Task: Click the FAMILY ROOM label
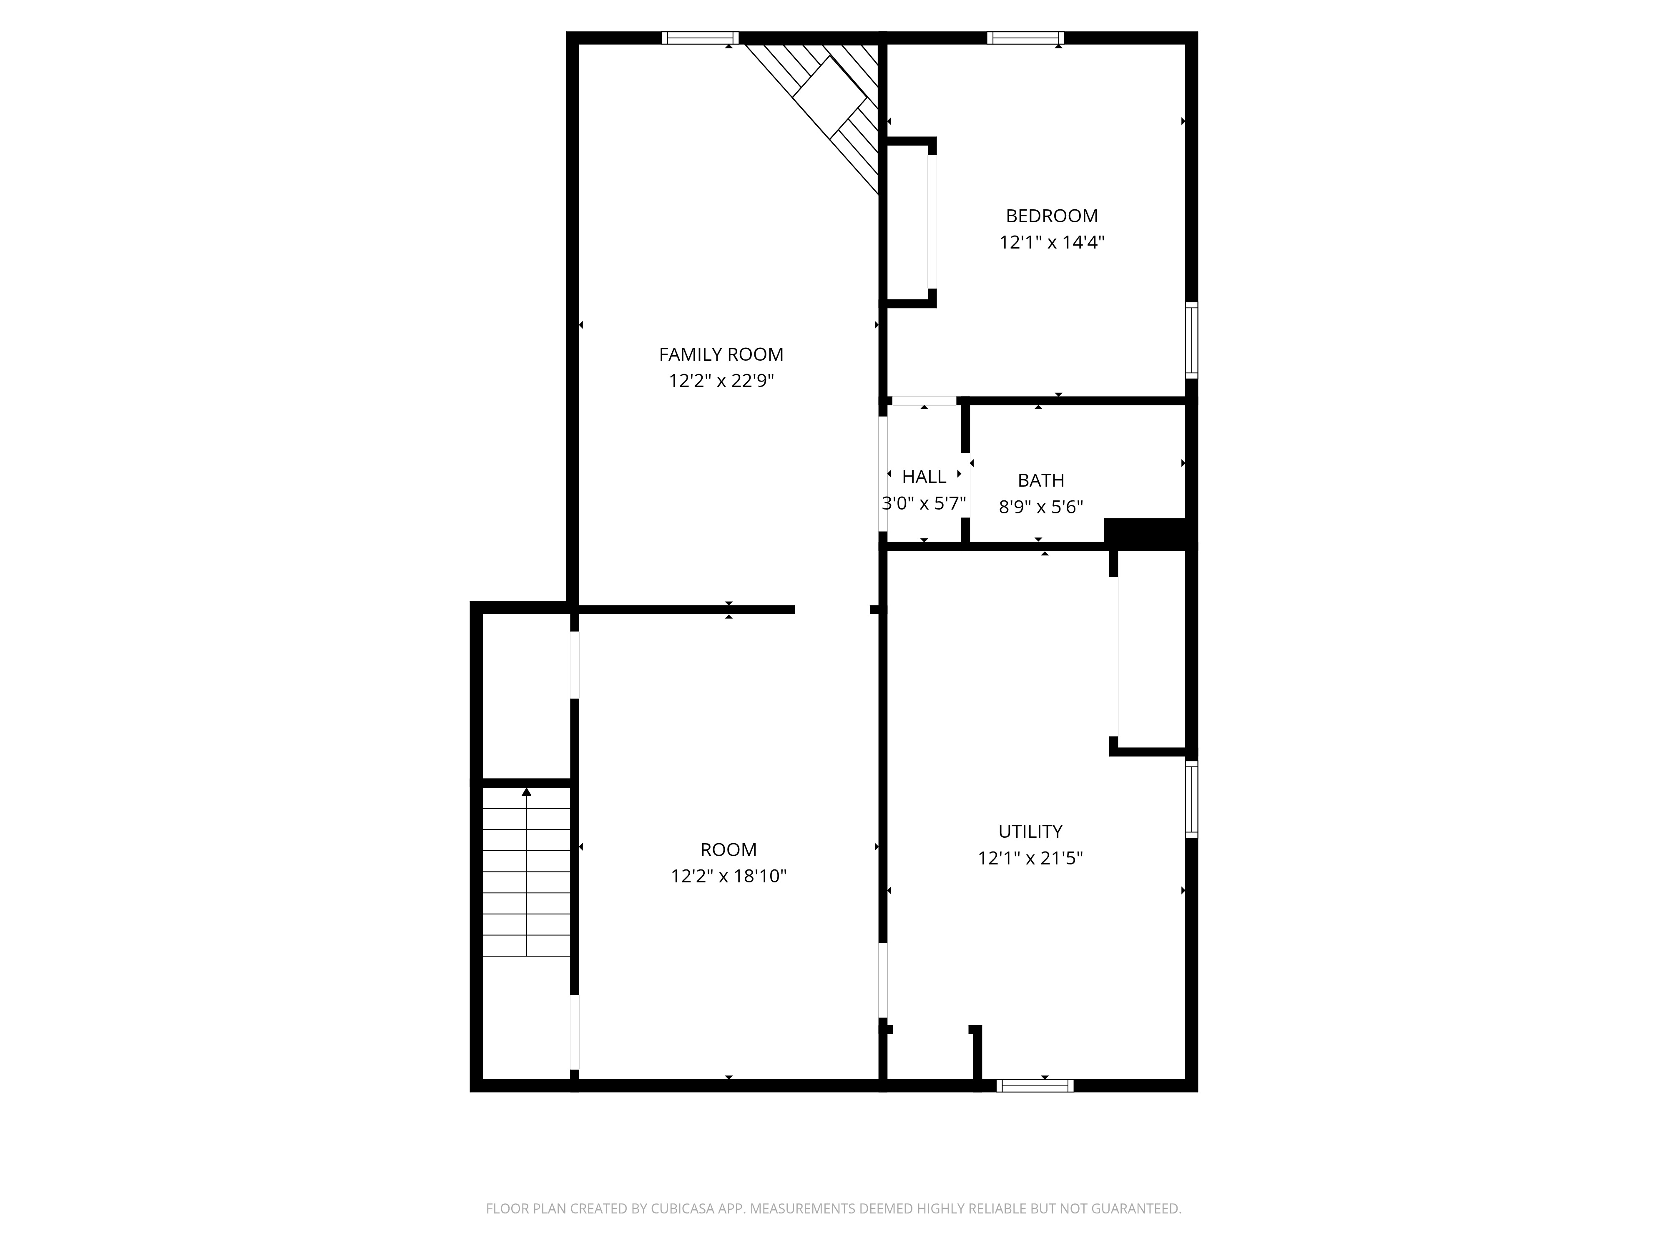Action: pos(721,354)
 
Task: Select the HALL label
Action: pos(924,477)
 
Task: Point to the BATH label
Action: pos(1040,480)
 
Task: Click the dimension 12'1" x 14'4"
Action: pos(1052,242)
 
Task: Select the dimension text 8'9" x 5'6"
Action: pos(1040,507)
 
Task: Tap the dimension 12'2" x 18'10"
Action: pos(728,876)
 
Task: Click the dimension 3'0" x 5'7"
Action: pos(924,503)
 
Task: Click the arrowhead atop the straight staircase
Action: pos(526,792)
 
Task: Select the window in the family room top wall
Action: pos(700,38)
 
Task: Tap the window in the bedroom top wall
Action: pos(1025,38)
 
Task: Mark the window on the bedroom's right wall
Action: pos(1191,340)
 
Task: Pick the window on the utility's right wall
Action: pos(1191,799)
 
